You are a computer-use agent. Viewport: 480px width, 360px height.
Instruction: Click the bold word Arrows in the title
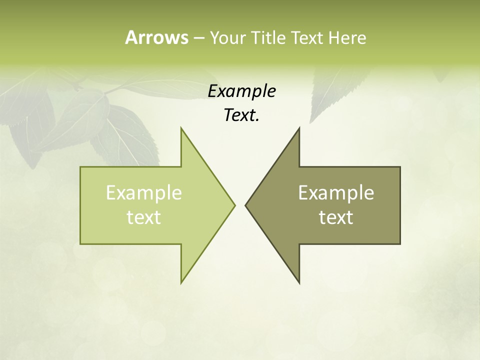tap(156, 37)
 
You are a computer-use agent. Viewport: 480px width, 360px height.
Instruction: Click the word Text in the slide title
tap(308, 37)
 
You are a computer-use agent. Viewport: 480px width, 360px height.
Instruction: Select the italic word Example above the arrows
tap(241, 91)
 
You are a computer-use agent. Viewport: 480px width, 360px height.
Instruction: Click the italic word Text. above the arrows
tap(241, 115)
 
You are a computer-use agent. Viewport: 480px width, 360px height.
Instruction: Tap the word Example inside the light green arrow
tap(144, 192)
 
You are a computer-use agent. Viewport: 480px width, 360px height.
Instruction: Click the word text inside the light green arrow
tap(144, 217)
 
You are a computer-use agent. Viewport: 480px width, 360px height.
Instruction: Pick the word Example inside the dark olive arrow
tap(336, 192)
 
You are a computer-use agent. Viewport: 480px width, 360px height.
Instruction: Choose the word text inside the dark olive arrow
tap(336, 217)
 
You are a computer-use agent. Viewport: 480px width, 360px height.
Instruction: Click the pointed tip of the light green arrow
tap(234, 205)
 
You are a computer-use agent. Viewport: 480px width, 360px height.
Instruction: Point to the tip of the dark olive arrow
tap(246, 205)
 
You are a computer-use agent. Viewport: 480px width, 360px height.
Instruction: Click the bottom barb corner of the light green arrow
tap(181, 282)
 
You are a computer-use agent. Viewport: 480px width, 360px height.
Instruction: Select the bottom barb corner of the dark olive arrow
tap(299, 282)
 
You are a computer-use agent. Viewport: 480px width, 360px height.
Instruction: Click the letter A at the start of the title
tap(130, 37)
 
